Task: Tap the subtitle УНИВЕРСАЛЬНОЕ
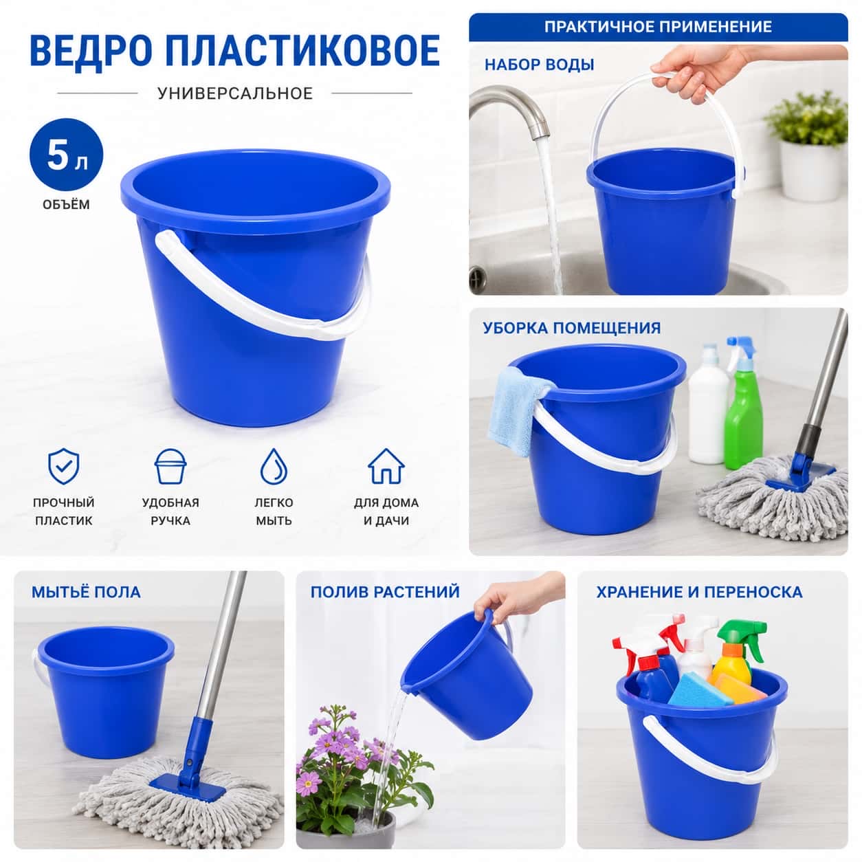tap(235, 93)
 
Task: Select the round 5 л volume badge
tap(66, 155)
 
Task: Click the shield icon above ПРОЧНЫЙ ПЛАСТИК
tap(63, 466)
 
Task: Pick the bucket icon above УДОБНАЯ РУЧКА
tap(170, 466)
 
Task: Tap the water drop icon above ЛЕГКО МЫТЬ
tap(274, 466)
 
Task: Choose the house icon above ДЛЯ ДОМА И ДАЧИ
tap(386, 466)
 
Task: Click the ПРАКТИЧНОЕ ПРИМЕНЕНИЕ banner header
tap(658, 27)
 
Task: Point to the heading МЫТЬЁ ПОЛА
tap(86, 592)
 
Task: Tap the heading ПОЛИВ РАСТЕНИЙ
tap(385, 592)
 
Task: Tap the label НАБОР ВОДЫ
tap(540, 65)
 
